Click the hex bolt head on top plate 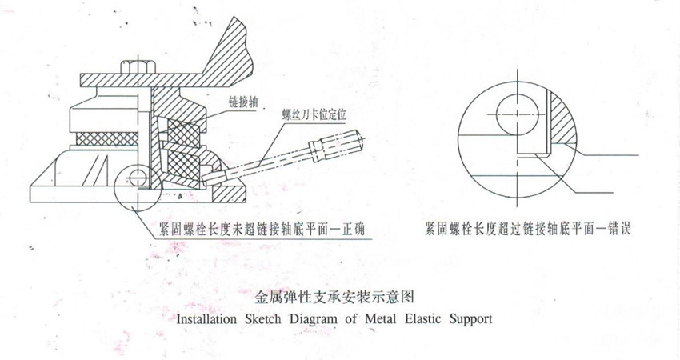pos(138,66)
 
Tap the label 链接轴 pos(243,102)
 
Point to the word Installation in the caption pos(206,319)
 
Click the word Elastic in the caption pos(423,318)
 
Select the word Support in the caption pos(470,320)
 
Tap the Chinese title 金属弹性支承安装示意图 pos(334,297)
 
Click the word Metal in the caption pos(380,318)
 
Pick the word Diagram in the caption pos(313,320)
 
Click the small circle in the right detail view pos(517,114)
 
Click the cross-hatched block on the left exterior pos(107,138)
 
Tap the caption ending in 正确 pos(262,229)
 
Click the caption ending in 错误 pos(527,228)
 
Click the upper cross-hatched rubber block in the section pos(182,132)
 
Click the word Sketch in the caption pos(263,319)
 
